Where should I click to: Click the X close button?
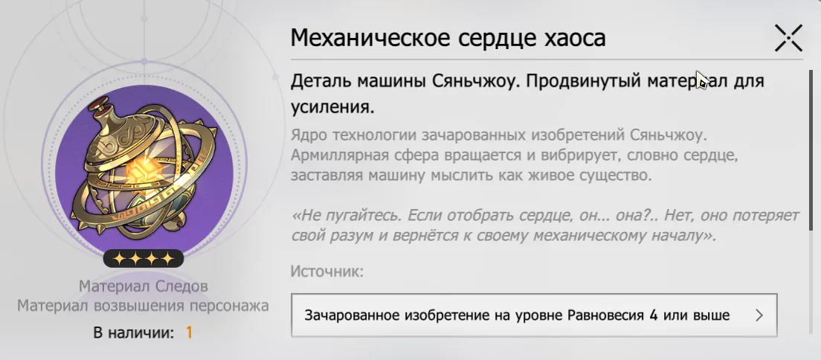pyautogui.click(x=788, y=38)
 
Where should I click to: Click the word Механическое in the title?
pyautogui.click(x=370, y=38)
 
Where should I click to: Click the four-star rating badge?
pyautogui.click(x=144, y=258)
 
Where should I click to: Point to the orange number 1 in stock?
pyautogui.click(x=189, y=332)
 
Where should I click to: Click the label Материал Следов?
pyautogui.click(x=144, y=286)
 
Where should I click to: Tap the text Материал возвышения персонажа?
pyautogui.click(x=143, y=306)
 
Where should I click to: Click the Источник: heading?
pyautogui.click(x=326, y=271)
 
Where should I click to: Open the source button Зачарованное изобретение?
pyautogui.click(x=534, y=315)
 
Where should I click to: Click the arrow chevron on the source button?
pyautogui.click(x=759, y=315)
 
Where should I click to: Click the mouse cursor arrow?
pyautogui.click(x=701, y=80)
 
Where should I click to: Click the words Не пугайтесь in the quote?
pyautogui.click(x=344, y=216)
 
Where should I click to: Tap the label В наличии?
pyautogui.click(x=134, y=332)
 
